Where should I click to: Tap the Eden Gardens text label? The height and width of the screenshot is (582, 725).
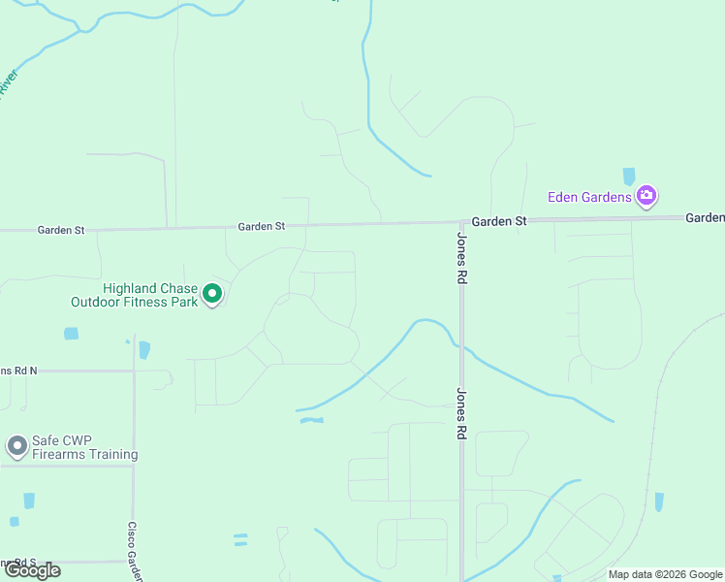(x=589, y=197)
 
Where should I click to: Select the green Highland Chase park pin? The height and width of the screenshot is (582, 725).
(x=212, y=293)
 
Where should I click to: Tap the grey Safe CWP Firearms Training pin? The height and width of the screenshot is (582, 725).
(x=16, y=446)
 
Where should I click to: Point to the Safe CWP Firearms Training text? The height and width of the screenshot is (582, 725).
(x=84, y=447)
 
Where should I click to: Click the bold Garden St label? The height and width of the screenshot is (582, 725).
(x=499, y=221)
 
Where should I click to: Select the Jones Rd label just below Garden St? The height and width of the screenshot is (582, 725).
(x=462, y=258)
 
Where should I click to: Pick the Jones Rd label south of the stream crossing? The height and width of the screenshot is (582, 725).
(x=462, y=414)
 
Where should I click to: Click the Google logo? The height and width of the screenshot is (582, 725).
(x=31, y=570)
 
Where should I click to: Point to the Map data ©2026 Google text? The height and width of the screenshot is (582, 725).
(x=665, y=574)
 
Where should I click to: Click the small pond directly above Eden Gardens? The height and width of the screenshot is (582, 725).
(x=629, y=176)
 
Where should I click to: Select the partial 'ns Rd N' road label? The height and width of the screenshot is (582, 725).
(x=18, y=371)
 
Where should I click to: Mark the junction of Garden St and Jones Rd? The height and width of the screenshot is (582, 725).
(x=461, y=222)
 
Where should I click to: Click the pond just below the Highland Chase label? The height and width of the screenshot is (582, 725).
(x=71, y=334)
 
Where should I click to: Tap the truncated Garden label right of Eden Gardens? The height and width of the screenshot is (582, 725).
(x=706, y=217)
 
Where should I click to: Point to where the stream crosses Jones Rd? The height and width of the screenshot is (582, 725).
(x=461, y=345)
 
